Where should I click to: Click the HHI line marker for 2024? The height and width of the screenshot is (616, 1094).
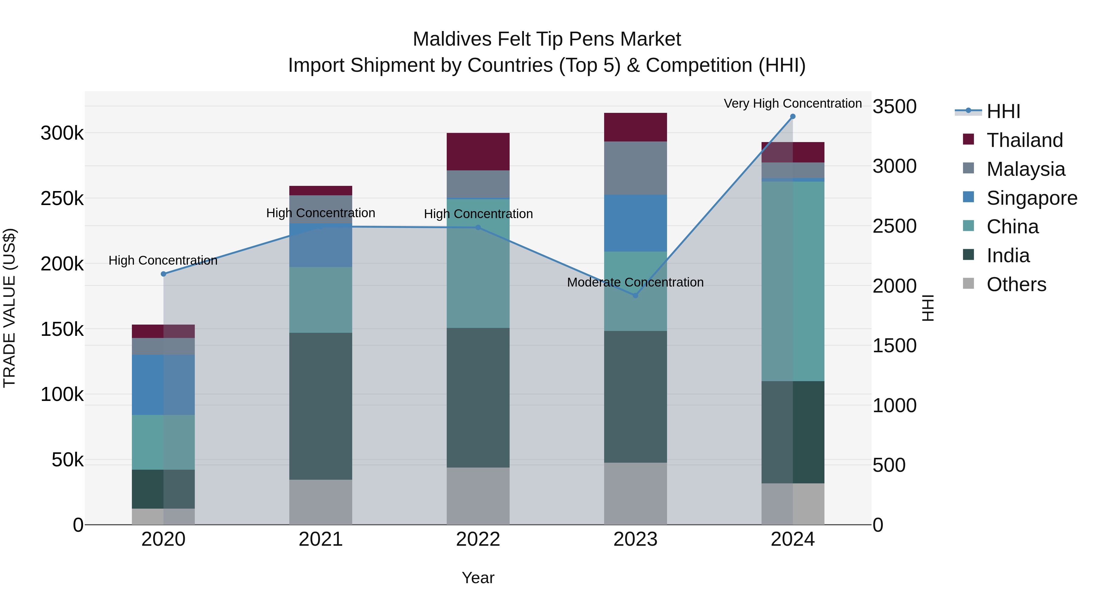pos(793,117)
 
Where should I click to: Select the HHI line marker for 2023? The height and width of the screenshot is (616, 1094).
pos(635,295)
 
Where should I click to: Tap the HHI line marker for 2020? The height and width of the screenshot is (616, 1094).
pos(163,274)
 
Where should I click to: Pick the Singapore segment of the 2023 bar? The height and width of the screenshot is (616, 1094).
pos(635,223)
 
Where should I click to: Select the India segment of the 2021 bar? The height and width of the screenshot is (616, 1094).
pos(321,406)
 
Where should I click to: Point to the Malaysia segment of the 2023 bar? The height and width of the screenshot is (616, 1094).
pos(635,168)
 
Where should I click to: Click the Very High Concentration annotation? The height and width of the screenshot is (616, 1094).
pos(793,103)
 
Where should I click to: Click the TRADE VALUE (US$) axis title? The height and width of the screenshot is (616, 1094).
pos(9,308)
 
